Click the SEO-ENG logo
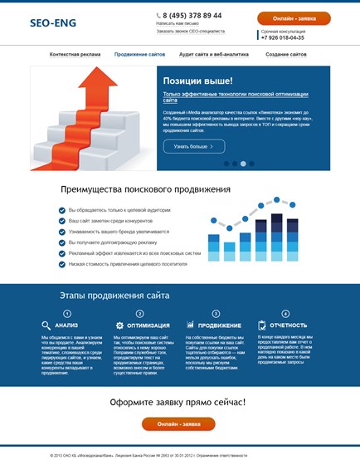52,23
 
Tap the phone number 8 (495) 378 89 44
192,15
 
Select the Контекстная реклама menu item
75,54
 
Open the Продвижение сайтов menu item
139,54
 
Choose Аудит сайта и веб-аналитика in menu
213,54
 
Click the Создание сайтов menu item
286,54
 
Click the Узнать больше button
193,146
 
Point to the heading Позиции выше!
197,81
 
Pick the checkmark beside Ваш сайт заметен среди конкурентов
62,221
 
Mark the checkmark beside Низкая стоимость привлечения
62,264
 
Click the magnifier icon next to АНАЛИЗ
46,325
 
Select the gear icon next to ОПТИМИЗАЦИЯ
119,325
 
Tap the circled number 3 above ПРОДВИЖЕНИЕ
216,313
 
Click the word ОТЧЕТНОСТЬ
288,325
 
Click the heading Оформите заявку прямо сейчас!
178,403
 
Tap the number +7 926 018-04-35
283,37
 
